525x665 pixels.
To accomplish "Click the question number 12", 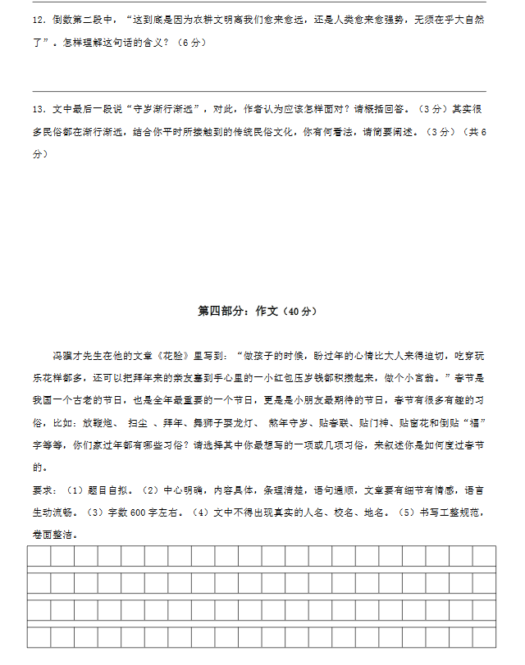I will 38,17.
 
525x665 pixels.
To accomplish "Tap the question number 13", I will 38,109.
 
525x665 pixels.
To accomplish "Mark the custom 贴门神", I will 377,423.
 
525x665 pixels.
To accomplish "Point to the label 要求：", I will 44,490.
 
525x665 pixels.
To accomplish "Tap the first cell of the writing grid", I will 39,556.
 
